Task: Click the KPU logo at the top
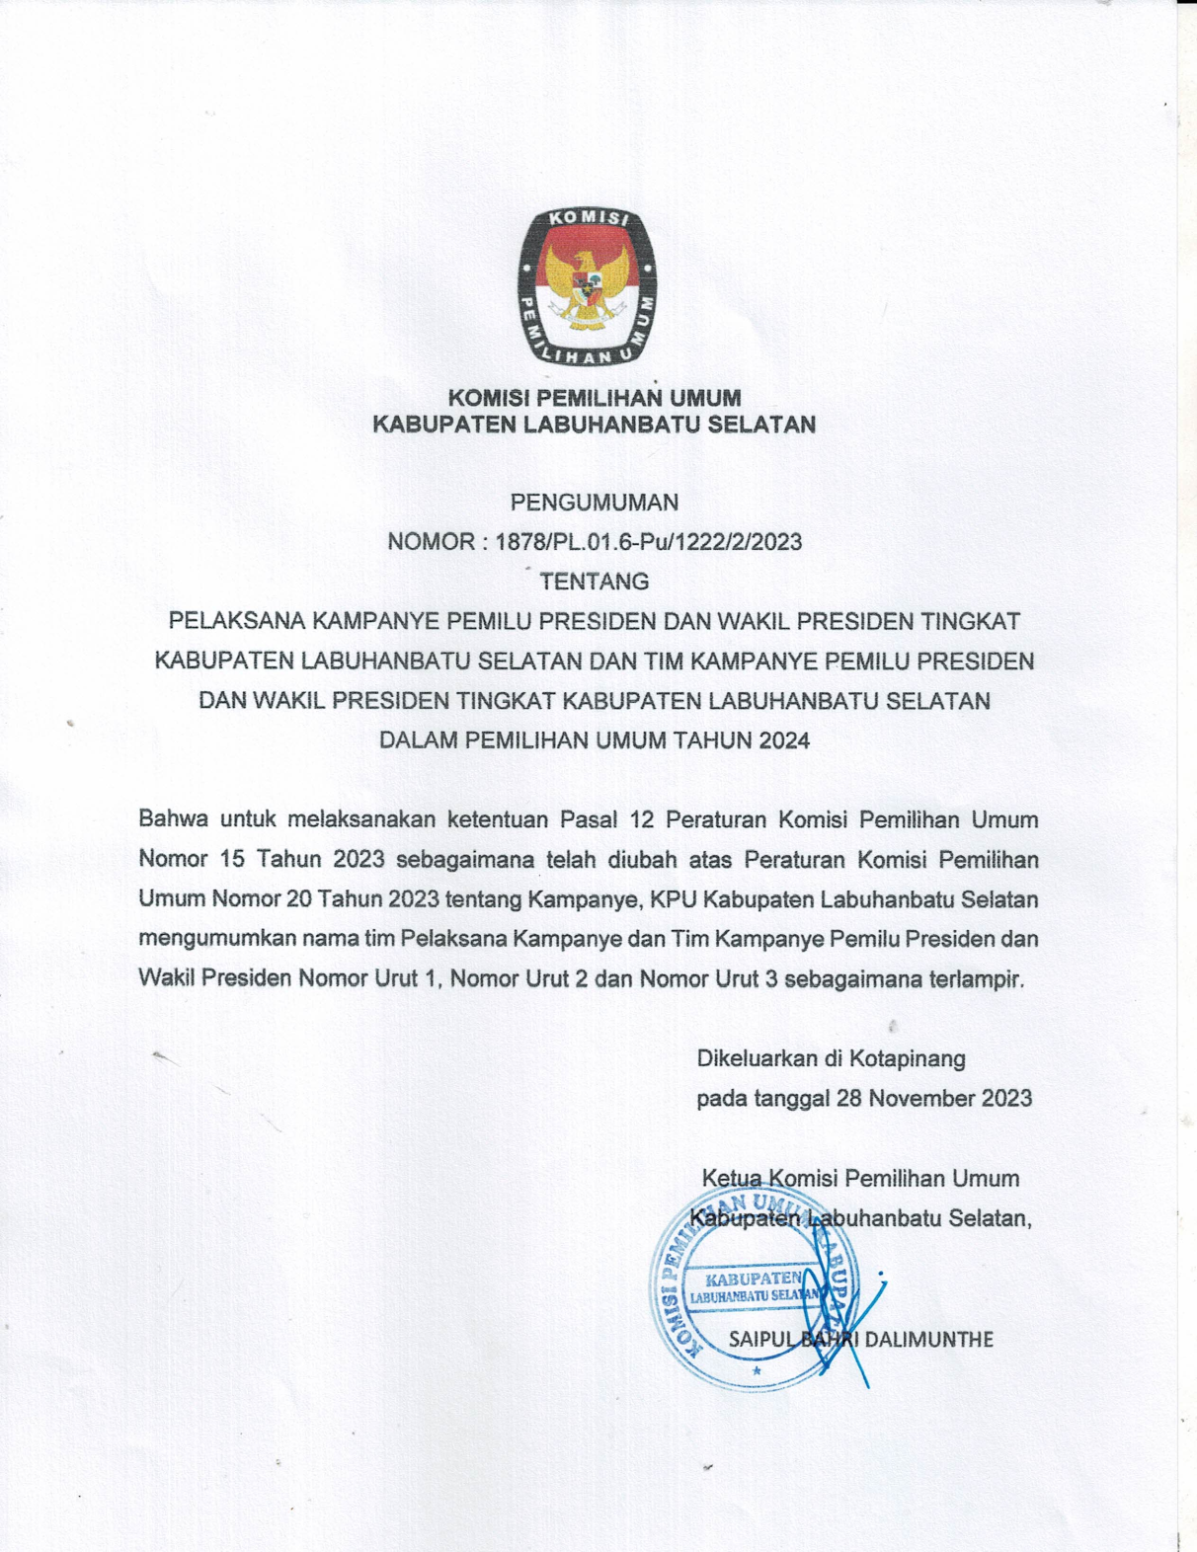588,286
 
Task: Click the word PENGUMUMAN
594,503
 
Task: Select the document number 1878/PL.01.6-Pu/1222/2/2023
648,542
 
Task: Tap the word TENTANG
594,582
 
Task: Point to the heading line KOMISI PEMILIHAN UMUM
595,399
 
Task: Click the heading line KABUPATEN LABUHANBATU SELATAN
594,426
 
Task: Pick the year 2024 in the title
784,740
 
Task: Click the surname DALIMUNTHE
928,1340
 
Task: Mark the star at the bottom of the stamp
757,1370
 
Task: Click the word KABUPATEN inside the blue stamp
754,1280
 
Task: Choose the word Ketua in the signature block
732,1179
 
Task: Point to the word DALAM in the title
419,740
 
